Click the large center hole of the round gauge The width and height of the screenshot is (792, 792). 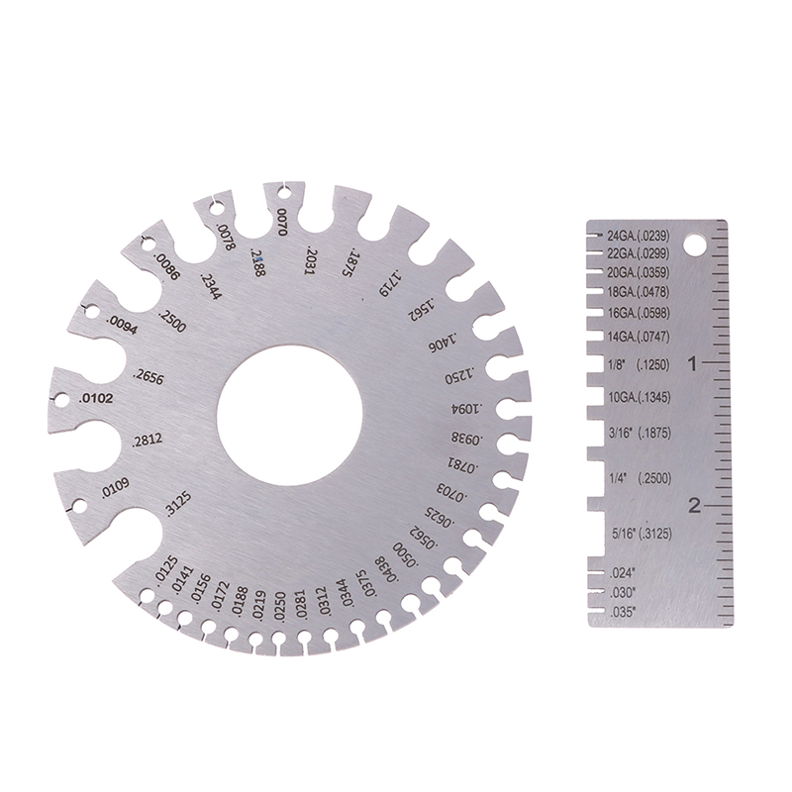coord(289,415)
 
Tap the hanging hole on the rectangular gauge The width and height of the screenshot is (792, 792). coord(695,244)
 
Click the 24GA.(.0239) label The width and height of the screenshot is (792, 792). coord(639,236)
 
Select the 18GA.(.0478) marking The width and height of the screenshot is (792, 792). coord(639,292)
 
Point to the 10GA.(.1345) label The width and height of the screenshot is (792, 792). coord(640,398)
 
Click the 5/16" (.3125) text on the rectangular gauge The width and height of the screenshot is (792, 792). coord(642,534)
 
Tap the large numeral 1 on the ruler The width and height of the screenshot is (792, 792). coord(693,363)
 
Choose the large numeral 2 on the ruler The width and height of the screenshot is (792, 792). coord(695,505)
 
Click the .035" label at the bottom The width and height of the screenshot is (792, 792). coord(623,613)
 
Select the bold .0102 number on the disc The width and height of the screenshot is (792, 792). coord(96,399)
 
